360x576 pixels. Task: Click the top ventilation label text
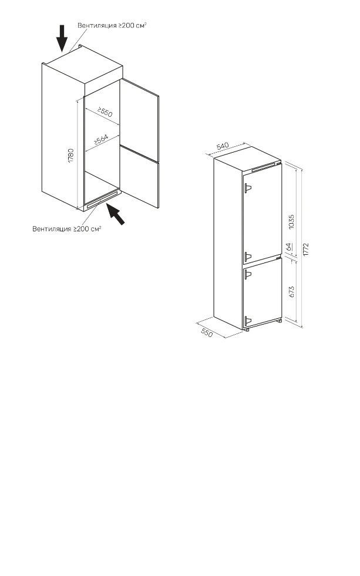(112, 25)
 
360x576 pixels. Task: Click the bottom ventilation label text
(67, 229)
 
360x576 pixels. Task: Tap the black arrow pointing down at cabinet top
(62, 38)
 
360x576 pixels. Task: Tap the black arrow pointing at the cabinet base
(115, 213)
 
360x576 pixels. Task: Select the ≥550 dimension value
(105, 112)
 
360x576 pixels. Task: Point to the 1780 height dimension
(71, 156)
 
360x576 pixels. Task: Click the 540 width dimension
(223, 146)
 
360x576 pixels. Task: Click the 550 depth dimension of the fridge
(207, 333)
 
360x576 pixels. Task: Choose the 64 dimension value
(289, 247)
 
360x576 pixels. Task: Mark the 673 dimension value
(292, 292)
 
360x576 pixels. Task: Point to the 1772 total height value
(307, 250)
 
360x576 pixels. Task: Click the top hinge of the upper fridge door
(248, 188)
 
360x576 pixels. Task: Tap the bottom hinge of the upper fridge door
(248, 257)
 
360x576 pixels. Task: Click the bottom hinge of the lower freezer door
(248, 321)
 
